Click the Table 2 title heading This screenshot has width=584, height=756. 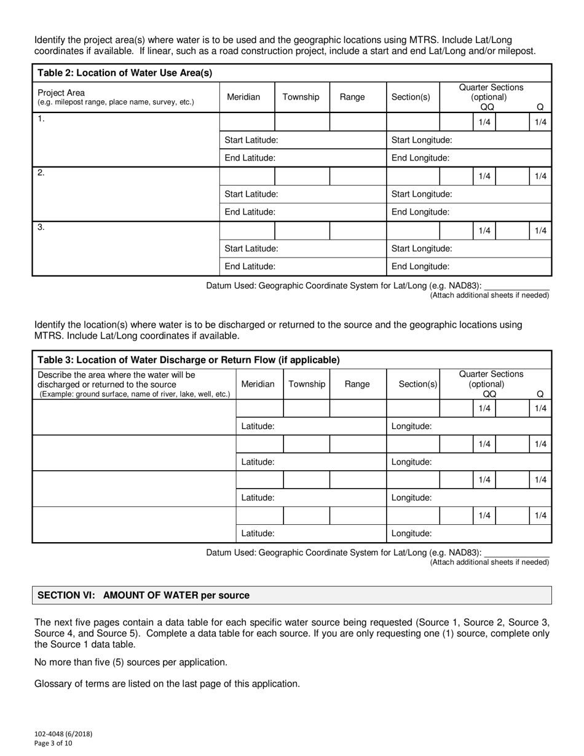[x=125, y=73]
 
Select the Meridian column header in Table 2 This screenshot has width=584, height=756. [x=243, y=96]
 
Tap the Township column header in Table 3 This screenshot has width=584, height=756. [x=307, y=384]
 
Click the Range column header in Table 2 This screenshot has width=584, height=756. [x=352, y=96]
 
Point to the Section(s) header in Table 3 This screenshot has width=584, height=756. [x=418, y=384]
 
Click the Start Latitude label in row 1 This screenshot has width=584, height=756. [x=251, y=140]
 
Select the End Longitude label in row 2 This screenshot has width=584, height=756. [x=420, y=211]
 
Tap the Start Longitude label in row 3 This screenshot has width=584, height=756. [x=422, y=248]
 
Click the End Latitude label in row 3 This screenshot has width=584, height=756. [x=250, y=266]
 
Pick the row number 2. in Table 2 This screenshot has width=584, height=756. [x=41, y=173]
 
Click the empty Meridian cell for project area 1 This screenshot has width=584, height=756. [x=247, y=122]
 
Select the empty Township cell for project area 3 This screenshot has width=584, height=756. [x=302, y=230]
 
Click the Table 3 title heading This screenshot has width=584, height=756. [x=189, y=360]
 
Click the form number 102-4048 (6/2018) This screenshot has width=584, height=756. [x=63, y=733]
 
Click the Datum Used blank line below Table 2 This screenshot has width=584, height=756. [x=516, y=286]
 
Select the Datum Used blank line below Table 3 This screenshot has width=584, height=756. [x=516, y=553]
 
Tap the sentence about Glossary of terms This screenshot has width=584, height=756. [x=167, y=683]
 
